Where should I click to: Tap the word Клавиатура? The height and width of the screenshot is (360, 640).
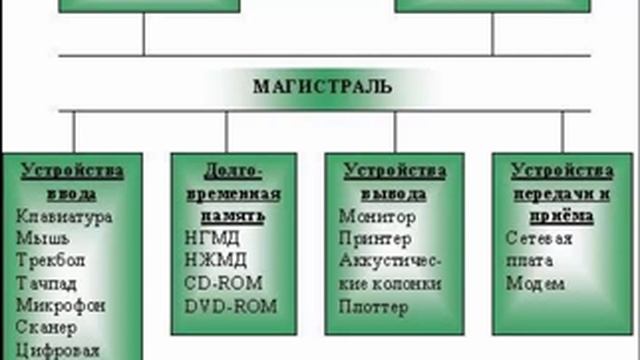click(x=65, y=215)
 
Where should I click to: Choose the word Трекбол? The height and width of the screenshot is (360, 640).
click(x=52, y=260)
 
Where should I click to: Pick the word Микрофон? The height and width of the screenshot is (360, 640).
click(x=60, y=305)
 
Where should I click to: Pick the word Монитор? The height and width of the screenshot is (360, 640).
click(x=377, y=215)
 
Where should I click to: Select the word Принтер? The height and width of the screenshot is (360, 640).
click(x=376, y=238)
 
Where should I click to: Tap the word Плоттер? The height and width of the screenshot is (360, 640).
click(x=374, y=306)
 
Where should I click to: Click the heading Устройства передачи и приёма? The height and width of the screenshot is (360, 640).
click(x=561, y=192)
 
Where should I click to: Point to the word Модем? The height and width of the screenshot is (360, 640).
click(x=529, y=283)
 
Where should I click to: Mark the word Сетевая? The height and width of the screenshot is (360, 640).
click(x=539, y=238)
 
